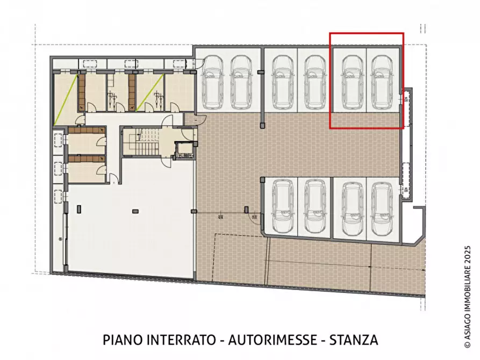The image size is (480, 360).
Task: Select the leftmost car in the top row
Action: click(212, 82)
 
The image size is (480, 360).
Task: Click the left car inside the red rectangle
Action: click(352, 82)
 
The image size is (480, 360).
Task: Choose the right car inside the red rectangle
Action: click(382, 82)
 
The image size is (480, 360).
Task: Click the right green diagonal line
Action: click(149, 93)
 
